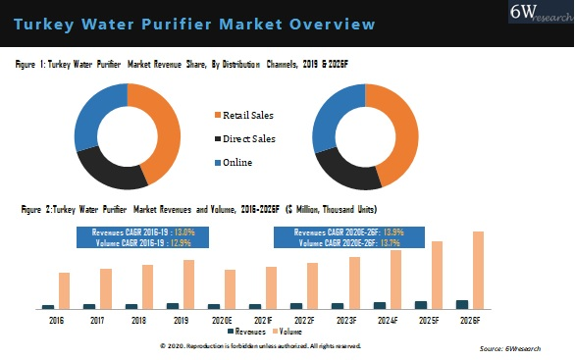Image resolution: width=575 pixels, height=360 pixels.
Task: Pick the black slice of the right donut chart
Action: tap(345, 171)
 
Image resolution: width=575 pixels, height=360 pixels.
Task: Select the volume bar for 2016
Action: tap(64, 290)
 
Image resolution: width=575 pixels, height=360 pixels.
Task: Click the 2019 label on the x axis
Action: tap(181, 320)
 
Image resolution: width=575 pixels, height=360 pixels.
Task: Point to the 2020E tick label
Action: tap(222, 320)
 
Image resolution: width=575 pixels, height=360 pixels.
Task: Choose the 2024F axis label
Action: tap(388, 320)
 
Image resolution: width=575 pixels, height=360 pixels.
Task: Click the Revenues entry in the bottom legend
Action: tap(257, 332)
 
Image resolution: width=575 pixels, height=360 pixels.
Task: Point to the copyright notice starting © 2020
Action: tap(260, 346)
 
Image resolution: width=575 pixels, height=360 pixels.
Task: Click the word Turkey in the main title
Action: tap(46, 23)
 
